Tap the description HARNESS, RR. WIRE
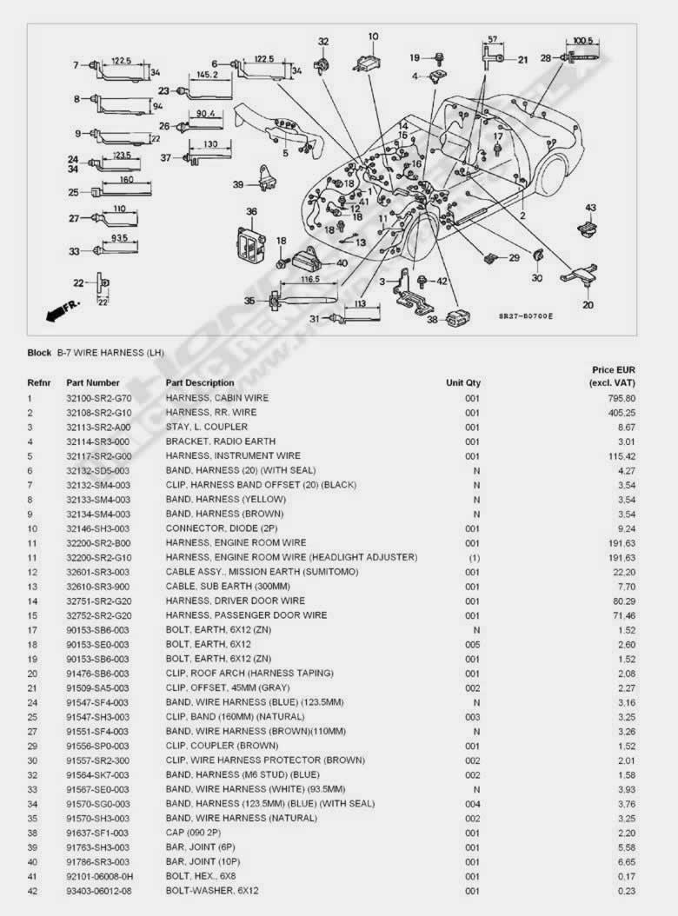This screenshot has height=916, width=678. [x=210, y=412]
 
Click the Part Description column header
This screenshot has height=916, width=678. [x=200, y=382]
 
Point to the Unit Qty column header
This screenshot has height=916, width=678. [x=463, y=382]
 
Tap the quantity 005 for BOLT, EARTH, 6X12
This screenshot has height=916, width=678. [x=472, y=644]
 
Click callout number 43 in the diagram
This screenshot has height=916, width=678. [x=590, y=208]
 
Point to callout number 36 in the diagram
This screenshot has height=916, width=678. [x=251, y=211]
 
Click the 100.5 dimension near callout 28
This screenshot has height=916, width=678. [x=583, y=40]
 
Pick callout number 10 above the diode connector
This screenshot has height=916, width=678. [x=373, y=37]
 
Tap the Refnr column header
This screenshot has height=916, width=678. [x=38, y=382]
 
